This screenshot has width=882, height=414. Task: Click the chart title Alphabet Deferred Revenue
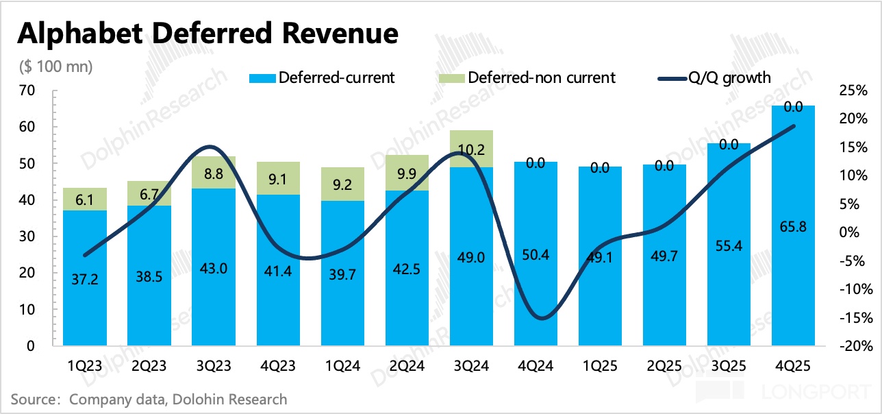pos(207,33)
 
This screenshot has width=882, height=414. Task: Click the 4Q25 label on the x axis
pos(793,367)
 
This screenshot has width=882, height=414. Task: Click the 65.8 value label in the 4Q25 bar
pos(793,227)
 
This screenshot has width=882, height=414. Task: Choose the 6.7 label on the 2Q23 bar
pos(149,193)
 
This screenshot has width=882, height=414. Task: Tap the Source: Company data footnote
pos(149,399)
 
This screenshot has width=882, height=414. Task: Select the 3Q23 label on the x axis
pos(213,367)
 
